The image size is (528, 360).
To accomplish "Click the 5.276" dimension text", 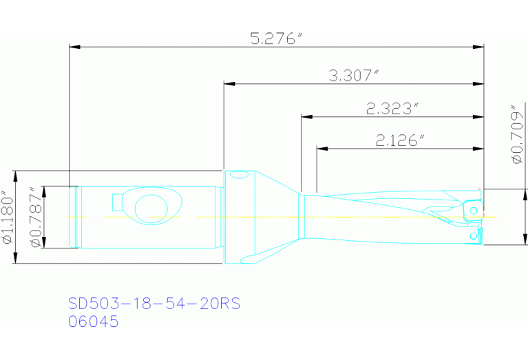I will (276, 39).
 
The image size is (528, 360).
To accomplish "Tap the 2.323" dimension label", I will (392, 108).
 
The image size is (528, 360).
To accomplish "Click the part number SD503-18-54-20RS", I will (154, 304).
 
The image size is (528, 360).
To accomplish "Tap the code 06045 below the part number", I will (94, 321).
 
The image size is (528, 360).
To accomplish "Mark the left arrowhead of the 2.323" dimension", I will (306, 116).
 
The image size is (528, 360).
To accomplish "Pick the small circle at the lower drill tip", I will (472, 236).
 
